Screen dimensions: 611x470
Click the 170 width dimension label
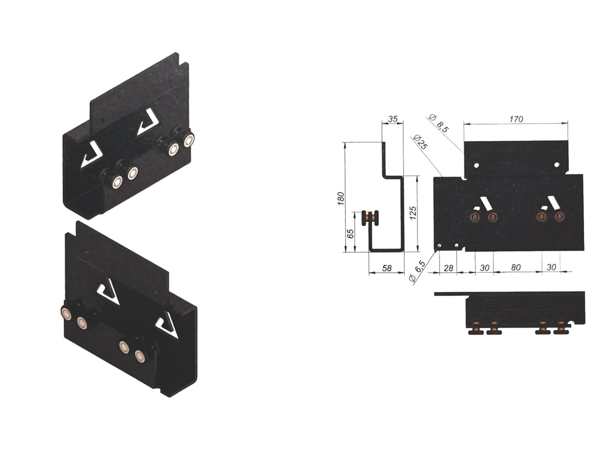point(516,120)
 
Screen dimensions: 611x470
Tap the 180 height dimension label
point(341,198)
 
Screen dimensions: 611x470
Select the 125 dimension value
point(413,213)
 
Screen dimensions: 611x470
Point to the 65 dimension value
point(350,234)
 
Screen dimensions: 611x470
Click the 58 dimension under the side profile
point(386,268)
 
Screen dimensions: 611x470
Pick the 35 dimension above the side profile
point(393,119)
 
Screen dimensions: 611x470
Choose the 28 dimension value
point(448,268)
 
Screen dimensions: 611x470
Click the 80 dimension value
point(516,267)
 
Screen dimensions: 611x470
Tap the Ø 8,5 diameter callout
point(439,123)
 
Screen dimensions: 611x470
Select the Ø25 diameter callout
point(421,142)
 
